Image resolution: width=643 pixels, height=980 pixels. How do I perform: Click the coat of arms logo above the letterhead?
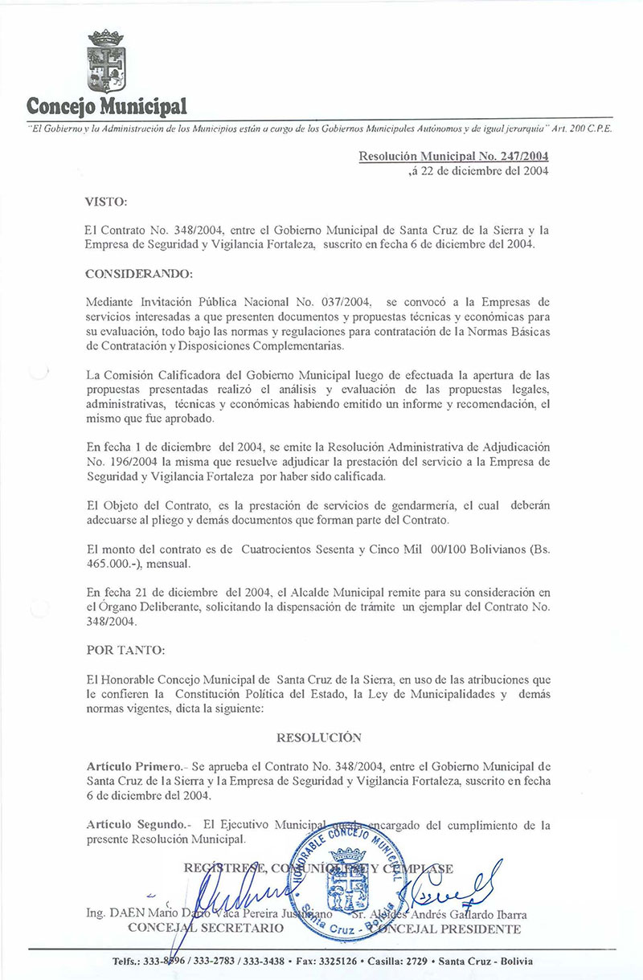coord(106,63)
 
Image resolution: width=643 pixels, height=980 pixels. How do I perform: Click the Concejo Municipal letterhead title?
coord(107,106)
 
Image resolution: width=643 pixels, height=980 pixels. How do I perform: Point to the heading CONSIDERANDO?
coord(138,274)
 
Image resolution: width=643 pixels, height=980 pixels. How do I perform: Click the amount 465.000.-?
coord(114,563)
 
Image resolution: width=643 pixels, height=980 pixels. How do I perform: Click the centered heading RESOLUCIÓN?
coord(319,737)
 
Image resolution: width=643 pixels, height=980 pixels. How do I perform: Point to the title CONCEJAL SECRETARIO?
coord(206,929)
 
